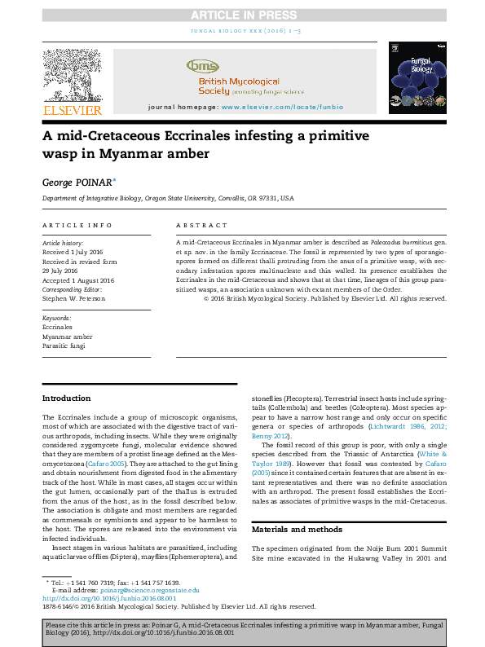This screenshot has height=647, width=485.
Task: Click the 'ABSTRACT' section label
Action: pos(202,226)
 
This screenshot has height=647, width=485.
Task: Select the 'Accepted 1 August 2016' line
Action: pos(78,280)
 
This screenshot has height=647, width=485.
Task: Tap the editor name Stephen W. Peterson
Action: pos(75,297)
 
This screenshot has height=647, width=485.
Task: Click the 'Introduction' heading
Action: pos(66,398)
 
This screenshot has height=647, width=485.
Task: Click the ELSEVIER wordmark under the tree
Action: pos(73,110)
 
